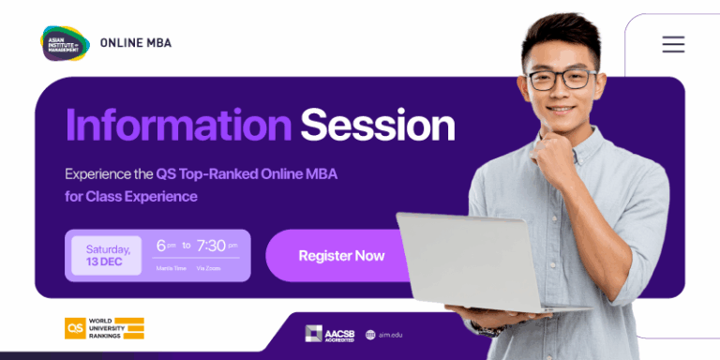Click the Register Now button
click(x=341, y=256)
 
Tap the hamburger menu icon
click(x=673, y=44)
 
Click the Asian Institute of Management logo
click(x=65, y=43)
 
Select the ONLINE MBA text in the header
click(x=135, y=43)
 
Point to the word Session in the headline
click(x=377, y=126)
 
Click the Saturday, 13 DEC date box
click(x=107, y=255)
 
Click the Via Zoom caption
click(x=208, y=269)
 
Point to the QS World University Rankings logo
click(x=104, y=328)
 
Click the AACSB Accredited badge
click(x=329, y=334)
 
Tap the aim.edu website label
click(x=383, y=335)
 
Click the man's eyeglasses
click(x=562, y=79)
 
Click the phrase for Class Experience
click(x=131, y=197)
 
